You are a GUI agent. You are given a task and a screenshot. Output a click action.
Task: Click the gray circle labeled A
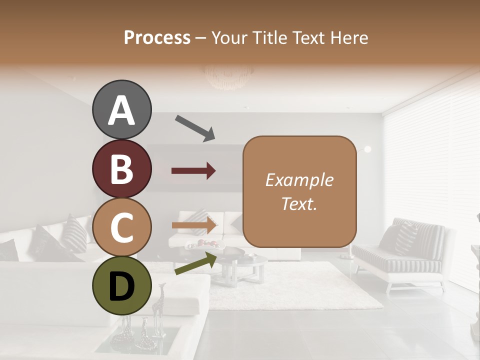tap(122, 110)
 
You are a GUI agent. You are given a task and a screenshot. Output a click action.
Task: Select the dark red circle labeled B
tap(122, 169)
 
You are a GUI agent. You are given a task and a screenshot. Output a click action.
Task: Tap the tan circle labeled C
tap(122, 227)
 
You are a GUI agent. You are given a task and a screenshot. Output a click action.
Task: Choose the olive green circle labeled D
tap(122, 286)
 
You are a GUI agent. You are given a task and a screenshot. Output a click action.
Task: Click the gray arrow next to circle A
tap(195, 128)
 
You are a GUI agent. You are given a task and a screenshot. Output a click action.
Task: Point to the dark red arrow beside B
tap(193, 171)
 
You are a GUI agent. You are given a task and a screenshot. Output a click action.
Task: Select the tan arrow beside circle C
tap(194, 225)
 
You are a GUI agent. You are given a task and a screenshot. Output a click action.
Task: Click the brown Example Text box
tap(299, 191)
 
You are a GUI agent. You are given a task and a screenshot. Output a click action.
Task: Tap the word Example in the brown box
tap(299, 180)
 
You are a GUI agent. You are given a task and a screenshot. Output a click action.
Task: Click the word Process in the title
tap(157, 37)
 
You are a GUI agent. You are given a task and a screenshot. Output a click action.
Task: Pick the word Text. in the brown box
tap(299, 204)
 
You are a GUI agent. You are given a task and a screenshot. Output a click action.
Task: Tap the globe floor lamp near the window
tap(367, 149)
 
